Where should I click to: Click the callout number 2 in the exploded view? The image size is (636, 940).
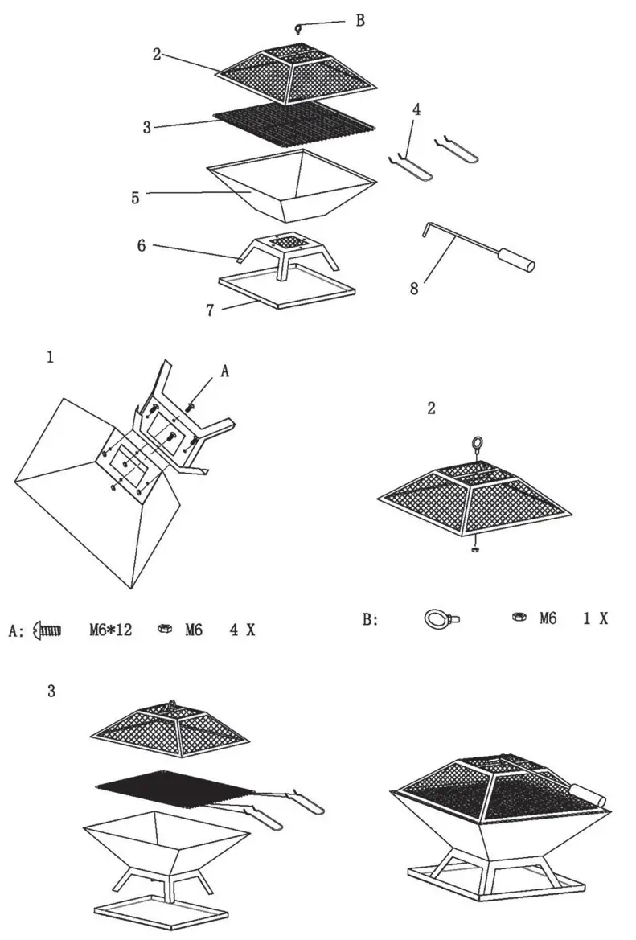(x=157, y=55)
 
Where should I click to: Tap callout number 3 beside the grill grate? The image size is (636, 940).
(x=146, y=127)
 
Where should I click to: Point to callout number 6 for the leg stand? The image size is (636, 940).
(x=142, y=245)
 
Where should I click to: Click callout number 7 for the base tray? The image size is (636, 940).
(x=210, y=310)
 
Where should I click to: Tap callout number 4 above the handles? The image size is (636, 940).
(x=416, y=109)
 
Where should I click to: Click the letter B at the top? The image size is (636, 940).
(x=359, y=21)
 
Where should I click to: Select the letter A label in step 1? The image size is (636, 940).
(x=225, y=371)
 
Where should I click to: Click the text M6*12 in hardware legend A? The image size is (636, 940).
(x=110, y=630)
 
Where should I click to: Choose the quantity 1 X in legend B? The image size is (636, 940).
(x=595, y=618)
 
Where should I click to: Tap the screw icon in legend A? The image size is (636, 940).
(x=47, y=630)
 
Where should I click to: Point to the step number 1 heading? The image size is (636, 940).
(x=50, y=359)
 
